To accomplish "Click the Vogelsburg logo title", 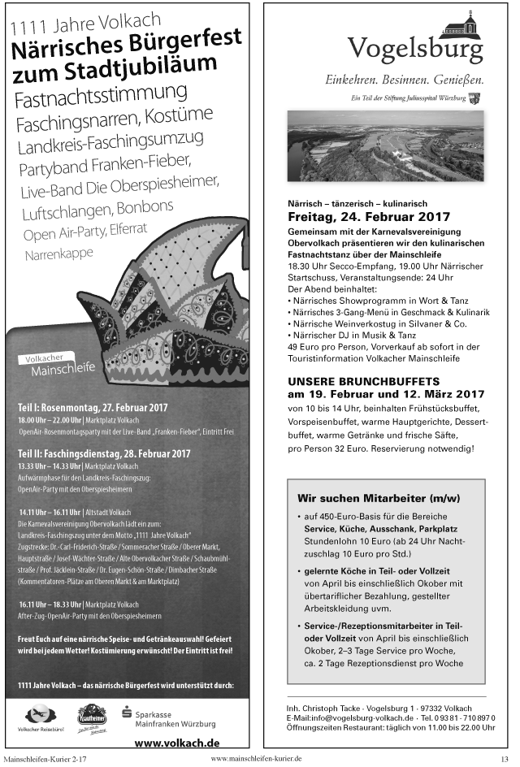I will [x=415, y=50].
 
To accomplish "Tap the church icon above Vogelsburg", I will [x=459, y=23].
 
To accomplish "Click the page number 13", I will [x=505, y=759].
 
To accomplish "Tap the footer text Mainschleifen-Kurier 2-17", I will [x=45, y=759].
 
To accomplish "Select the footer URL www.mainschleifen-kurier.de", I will [x=256, y=758].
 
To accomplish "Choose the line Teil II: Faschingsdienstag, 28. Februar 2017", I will [x=104, y=453].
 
